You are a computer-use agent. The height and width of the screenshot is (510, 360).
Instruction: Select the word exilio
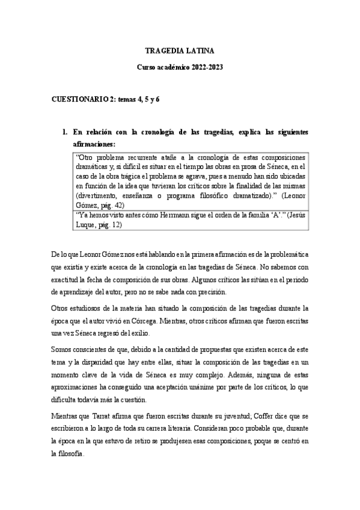click(175, 333)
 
